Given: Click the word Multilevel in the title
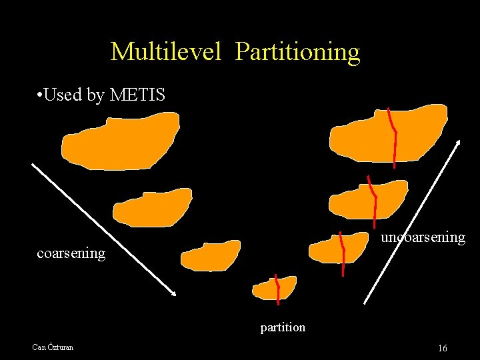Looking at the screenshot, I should pyautogui.click(x=165, y=52).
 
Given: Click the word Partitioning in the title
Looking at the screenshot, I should pyautogui.click(x=297, y=52).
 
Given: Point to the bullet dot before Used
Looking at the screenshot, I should pyautogui.click(x=41, y=95).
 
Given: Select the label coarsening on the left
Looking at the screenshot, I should pyautogui.click(x=71, y=253).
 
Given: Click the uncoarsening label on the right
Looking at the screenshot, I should pyautogui.click(x=423, y=237).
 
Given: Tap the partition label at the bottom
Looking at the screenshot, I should pyautogui.click(x=283, y=327).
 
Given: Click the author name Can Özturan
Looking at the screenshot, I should pyautogui.click(x=53, y=347).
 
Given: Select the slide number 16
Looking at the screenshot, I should pyautogui.click(x=443, y=348).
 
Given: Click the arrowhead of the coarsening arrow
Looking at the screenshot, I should pyautogui.click(x=173, y=293).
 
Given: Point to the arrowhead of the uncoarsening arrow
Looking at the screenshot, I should pyautogui.click(x=459, y=143).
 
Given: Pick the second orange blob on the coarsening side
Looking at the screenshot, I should pyautogui.click(x=152, y=207).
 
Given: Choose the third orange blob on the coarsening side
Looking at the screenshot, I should pyautogui.click(x=210, y=256).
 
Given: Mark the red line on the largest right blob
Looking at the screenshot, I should pyautogui.click(x=393, y=137).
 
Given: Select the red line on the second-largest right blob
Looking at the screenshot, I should pyautogui.click(x=373, y=200).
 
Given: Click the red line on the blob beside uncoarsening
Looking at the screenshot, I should pyautogui.click(x=343, y=253).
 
